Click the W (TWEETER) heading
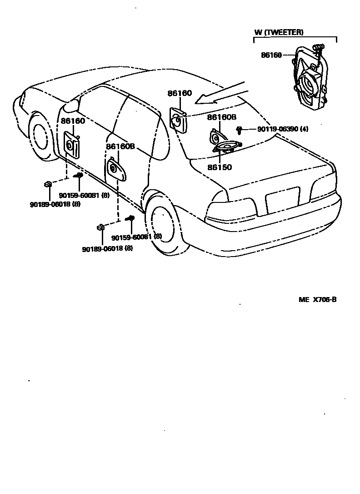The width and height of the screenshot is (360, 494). (279, 32)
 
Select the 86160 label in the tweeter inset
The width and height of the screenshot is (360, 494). (271, 55)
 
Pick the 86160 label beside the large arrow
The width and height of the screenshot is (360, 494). (180, 94)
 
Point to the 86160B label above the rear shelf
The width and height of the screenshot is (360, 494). (222, 117)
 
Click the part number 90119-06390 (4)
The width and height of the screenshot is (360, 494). (282, 130)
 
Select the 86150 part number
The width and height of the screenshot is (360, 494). (220, 167)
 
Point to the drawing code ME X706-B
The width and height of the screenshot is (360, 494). (317, 300)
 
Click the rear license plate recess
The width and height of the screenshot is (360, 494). (283, 200)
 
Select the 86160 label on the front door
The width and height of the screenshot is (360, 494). (73, 121)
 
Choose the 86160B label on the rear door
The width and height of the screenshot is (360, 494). (120, 146)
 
